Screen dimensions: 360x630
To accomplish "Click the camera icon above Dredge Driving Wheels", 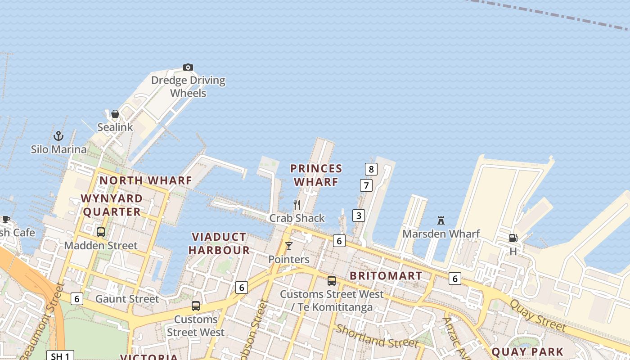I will (x=188, y=67).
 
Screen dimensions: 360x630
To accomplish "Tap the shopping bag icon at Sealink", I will (x=115, y=114).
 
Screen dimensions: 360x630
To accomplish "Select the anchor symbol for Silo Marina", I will (x=58, y=135).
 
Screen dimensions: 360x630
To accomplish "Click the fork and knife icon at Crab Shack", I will (x=297, y=205).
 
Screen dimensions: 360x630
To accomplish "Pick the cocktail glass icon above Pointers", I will (x=289, y=246).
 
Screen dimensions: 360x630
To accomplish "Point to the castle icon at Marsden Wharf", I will (x=441, y=220).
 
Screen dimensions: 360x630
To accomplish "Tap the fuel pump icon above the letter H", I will (x=513, y=238).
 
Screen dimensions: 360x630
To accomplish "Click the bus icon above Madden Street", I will (x=101, y=232).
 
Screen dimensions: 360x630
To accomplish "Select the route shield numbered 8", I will (x=371, y=169).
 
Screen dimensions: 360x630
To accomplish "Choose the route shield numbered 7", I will (x=366, y=185).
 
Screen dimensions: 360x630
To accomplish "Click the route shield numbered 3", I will (x=359, y=216).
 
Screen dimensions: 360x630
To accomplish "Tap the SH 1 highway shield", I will (x=60, y=356).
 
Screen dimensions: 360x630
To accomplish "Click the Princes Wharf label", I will (x=316, y=175).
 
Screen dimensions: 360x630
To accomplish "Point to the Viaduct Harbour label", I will (x=219, y=243).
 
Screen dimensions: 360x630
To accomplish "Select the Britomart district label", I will (x=386, y=275).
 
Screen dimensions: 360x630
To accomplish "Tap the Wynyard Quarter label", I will (x=112, y=205).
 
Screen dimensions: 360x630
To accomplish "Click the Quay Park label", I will (x=527, y=351).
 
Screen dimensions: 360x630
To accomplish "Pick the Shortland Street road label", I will (x=377, y=336).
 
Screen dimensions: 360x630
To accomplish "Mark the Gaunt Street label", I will (x=127, y=299).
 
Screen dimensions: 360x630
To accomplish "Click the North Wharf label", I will (x=145, y=180).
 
